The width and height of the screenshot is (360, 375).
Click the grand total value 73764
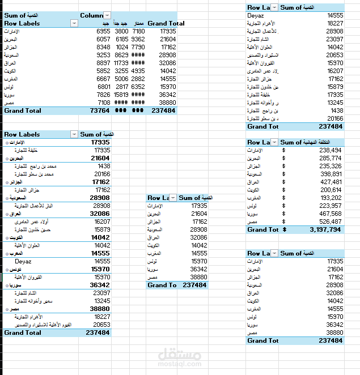click(x=100, y=111)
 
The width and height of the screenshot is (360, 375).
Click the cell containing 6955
click(x=103, y=32)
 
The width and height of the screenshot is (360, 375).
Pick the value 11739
click(x=121, y=63)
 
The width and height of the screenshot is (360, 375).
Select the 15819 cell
click(x=121, y=95)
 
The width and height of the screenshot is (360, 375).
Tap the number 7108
click(x=103, y=103)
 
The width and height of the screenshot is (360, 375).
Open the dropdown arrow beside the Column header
click(x=107, y=15)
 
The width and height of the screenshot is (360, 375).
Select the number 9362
click(x=138, y=40)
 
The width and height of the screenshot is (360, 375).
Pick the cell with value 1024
click(x=122, y=48)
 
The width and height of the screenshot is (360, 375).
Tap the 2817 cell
click(x=122, y=87)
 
